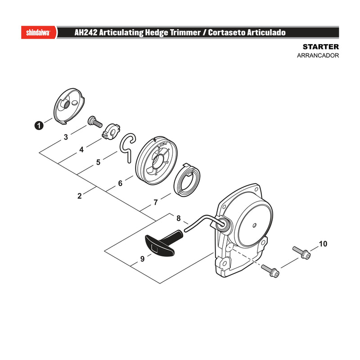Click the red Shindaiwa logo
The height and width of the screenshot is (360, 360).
tap(39, 32)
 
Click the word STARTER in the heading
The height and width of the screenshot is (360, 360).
tap(320, 47)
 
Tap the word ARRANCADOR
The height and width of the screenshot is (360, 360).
tap(318, 55)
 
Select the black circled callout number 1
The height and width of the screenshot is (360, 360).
tap(39, 126)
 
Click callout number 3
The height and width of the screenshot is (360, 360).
tap(66, 137)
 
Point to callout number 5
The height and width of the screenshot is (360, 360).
tap(98, 162)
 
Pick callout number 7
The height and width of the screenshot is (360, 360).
tap(156, 202)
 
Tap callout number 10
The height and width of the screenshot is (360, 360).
tap(323, 243)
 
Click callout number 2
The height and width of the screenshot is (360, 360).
tap(80, 196)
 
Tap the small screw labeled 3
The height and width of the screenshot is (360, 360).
tap(95, 121)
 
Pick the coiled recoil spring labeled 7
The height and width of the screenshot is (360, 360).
tap(187, 180)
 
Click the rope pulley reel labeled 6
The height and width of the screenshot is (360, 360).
tap(156, 161)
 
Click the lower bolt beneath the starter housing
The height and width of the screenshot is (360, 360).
tap(270, 271)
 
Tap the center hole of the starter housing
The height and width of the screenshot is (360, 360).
tap(254, 225)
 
